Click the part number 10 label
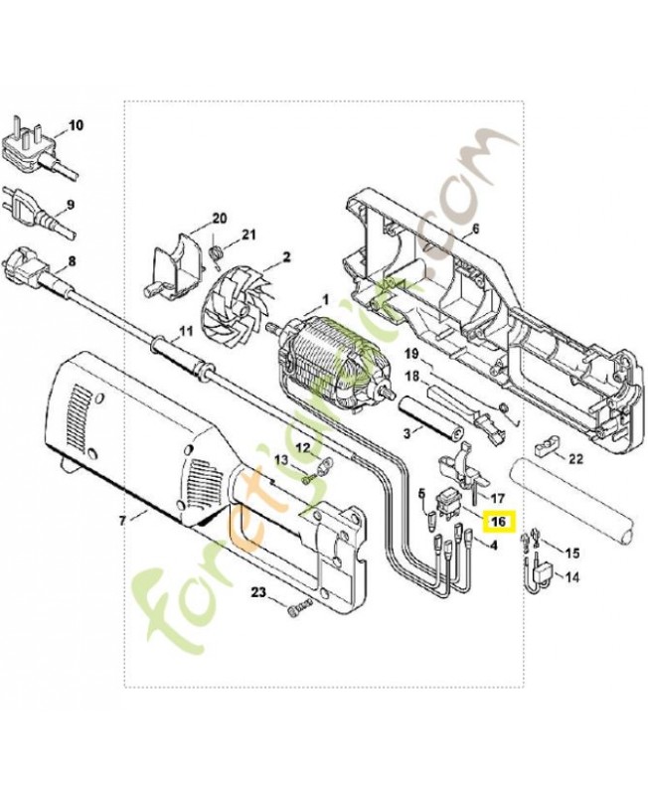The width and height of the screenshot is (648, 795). coord(76,125)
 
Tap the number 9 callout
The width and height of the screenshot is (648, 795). coord(71,205)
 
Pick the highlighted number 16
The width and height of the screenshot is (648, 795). coord(499,522)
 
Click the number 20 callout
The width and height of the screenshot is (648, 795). coord(219,219)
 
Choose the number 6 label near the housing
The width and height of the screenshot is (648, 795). coord(475,229)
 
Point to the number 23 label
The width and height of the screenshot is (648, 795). coord(259,592)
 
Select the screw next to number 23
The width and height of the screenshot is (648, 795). coord(300,608)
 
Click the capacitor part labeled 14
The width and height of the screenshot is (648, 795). coord(539,573)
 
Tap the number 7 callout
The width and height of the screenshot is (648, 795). coord(121,520)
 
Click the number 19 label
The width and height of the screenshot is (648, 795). coord(411,354)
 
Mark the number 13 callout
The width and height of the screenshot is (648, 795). coord(281,460)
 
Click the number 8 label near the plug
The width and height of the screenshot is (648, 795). coord(72,261)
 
